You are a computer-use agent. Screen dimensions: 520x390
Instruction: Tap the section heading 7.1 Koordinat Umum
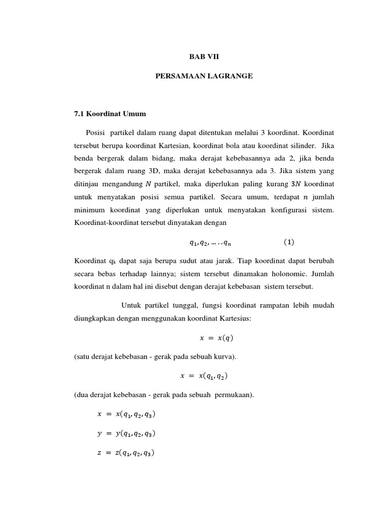pyautogui.click(x=110, y=114)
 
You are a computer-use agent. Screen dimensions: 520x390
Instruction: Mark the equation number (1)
pyautogui.click(x=289, y=242)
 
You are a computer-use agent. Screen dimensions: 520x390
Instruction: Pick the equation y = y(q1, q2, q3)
pyautogui.click(x=125, y=434)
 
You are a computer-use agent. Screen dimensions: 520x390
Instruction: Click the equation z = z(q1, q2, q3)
pyautogui.click(x=125, y=453)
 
